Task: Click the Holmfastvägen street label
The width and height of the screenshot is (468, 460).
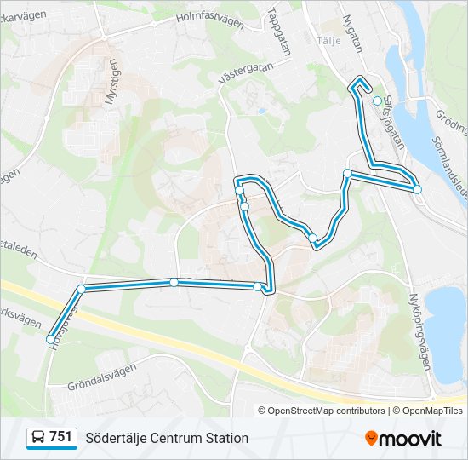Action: [x=209, y=20]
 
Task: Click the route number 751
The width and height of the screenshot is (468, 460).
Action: [x=60, y=437]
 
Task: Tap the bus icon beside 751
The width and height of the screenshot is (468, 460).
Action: [x=38, y=438]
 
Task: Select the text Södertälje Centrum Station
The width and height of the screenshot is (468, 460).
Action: [x=167, y=438]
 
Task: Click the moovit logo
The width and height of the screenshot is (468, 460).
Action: [x=403, y=438]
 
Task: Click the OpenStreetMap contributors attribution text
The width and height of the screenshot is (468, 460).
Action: [x=327, y=411]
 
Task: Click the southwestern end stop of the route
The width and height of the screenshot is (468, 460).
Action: [x=50, y=339]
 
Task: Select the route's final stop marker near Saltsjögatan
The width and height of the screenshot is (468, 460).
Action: [x=377, y=101]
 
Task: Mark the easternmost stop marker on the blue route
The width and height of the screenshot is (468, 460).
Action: [x=418, y=189]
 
